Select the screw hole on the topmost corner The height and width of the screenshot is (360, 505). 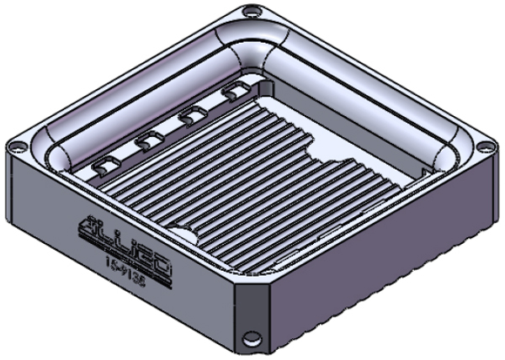tap(250, 12)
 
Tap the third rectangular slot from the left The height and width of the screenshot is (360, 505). tap(192, 117)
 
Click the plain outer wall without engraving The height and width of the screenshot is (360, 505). tap(379, 261)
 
